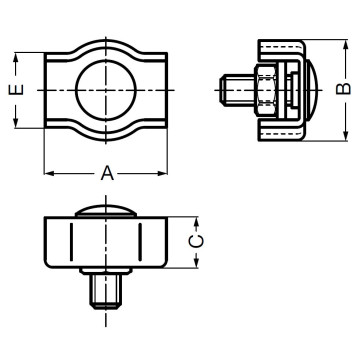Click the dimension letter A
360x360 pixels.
(107, 173)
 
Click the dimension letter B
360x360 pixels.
(343, 90)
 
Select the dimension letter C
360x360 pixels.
(198, 242)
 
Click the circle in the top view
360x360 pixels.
(105, 90)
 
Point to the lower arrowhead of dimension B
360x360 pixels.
(342, 136)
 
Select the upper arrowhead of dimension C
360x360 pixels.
(198, 221)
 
